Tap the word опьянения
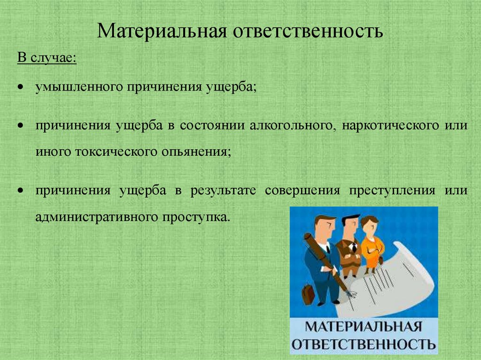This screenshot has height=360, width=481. click(201, 152)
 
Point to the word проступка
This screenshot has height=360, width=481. click(197, 217)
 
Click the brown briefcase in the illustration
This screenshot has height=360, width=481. click(308, 294)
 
